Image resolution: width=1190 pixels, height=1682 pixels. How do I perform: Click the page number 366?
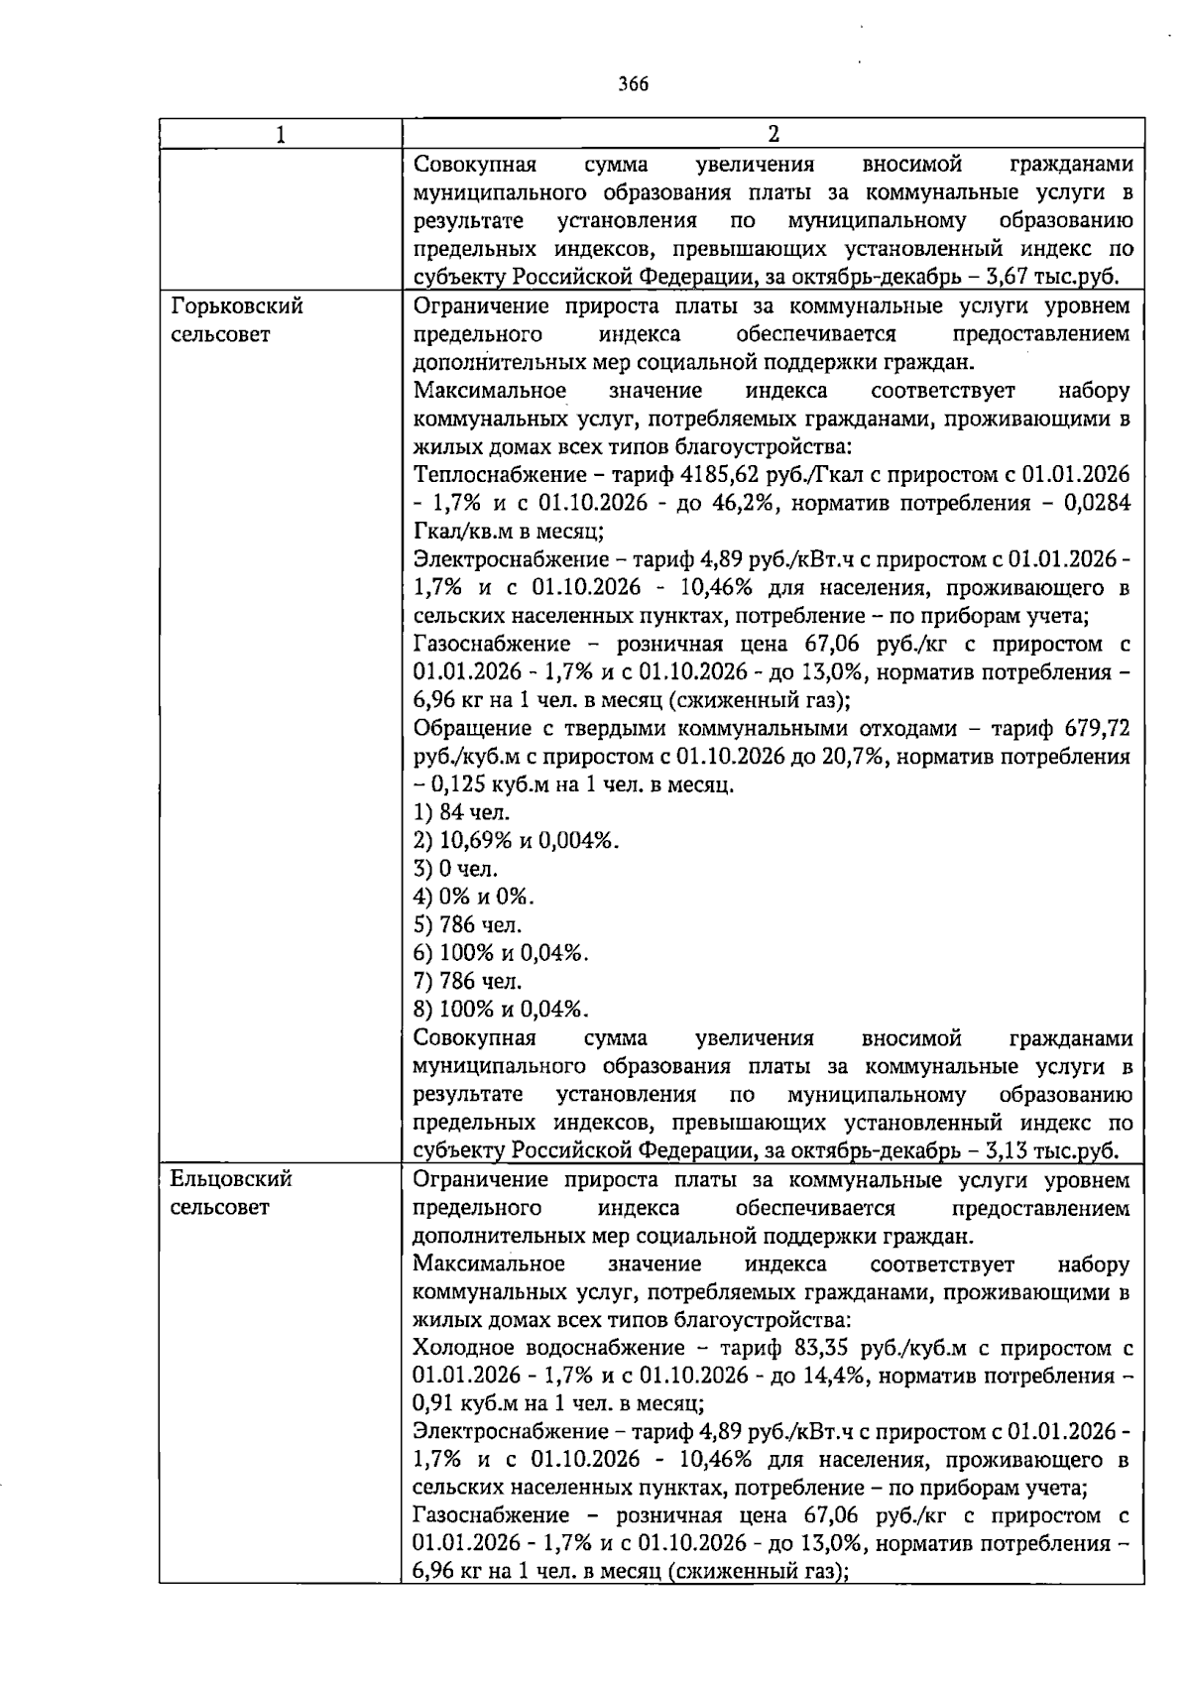[633, 84]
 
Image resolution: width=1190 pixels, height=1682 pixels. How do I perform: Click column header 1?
[281, 134]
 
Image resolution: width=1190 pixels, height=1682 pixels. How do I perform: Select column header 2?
[773, 134]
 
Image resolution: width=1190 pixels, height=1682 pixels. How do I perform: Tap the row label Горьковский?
[237, 306]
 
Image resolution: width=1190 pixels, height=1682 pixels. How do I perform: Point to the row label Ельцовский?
[231, 1179]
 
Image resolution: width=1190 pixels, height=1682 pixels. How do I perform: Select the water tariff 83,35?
[821, 1348]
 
